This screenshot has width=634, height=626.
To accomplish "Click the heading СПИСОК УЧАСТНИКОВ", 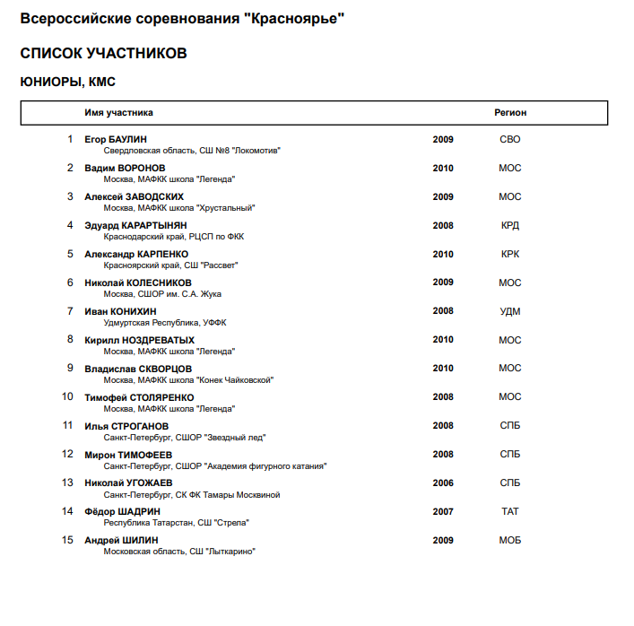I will (103, 54).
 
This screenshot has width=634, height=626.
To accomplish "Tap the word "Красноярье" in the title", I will (293, 19).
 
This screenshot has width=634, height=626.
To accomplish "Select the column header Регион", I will (510, 113).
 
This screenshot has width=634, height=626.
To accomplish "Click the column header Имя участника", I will (118, 113).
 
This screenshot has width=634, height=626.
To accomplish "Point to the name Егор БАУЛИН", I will (116, 139).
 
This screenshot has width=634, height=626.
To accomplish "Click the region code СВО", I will (510, 139).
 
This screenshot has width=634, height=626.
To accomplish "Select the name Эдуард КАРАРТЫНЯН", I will (135, 225).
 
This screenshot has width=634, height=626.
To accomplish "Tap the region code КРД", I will (510, 225).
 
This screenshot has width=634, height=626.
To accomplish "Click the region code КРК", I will (510, 254).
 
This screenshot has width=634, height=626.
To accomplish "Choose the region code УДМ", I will (510, 311).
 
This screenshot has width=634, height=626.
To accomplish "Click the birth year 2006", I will (443, 483).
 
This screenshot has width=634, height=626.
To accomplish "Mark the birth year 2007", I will (443, 511).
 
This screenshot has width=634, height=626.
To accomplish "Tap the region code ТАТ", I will (510, 511).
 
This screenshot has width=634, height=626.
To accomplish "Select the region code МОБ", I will (510, 540).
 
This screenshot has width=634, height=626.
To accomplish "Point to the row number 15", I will (67, 540).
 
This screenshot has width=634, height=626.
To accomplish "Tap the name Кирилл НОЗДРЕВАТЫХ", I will (139, 340).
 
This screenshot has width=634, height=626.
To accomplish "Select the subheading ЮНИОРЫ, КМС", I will (68, 82).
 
